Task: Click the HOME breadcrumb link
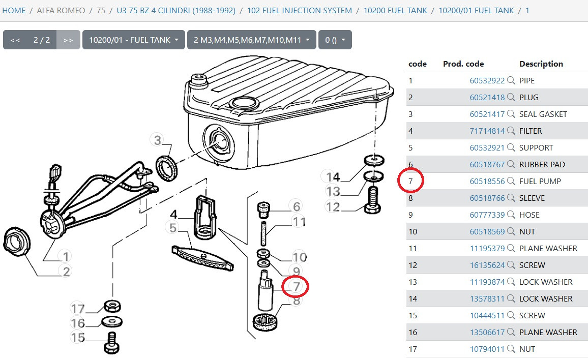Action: click(14, 11)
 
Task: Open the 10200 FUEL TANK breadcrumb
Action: click(395, 11)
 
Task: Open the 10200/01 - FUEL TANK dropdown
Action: click(133, 40)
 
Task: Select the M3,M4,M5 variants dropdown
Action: click(252, 40)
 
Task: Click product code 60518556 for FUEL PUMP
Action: click(487, 182)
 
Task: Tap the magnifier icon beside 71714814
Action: click(511, 131)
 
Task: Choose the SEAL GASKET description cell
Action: click(543, 114)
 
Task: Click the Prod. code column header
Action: click(463, 64)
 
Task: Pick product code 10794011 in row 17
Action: click(487, 349)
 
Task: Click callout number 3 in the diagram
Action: click(158, 140)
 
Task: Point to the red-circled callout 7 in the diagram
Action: click(296, 286)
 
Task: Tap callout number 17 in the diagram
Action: click(78, 309)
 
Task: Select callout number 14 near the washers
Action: click(333, 176)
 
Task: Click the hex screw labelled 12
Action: click(372, 201)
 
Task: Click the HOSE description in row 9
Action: click(529, 215)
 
